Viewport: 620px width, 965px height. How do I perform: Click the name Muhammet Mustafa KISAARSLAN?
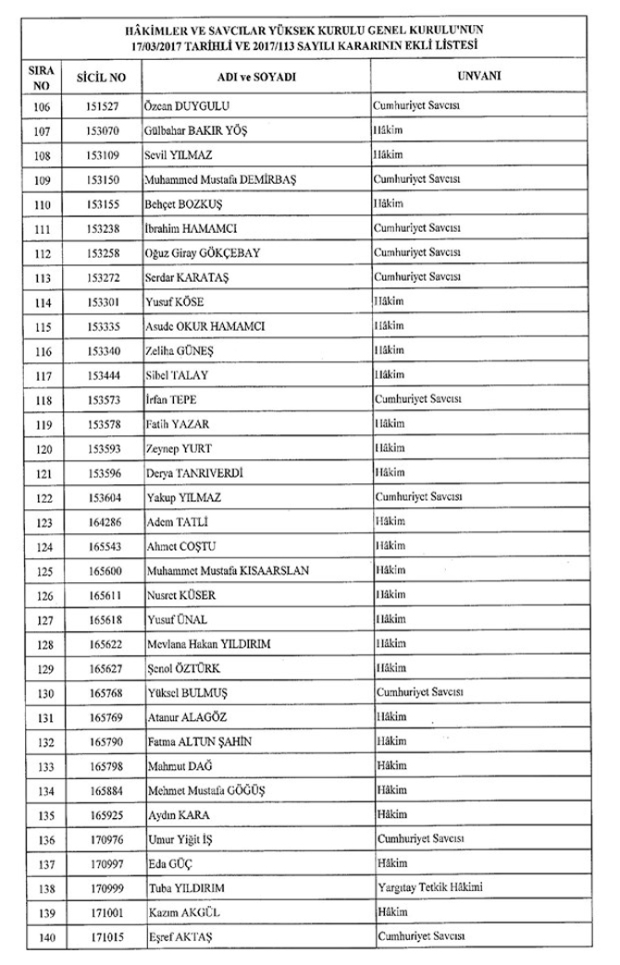[228, 570]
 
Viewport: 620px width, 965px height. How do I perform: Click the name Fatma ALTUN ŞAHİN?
[200, 741]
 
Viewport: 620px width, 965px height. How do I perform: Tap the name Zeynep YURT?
[180, 448]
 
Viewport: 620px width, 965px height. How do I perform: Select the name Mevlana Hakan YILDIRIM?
[215, 643]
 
